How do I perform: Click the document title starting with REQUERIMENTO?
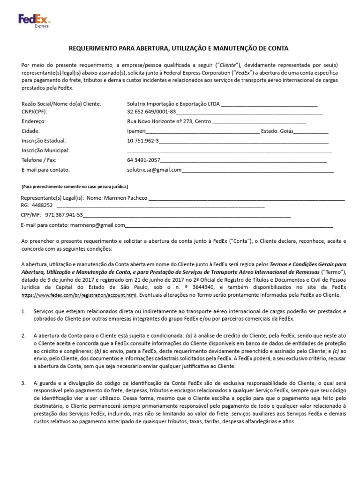coord(179,48)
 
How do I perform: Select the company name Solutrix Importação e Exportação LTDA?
coord(173,104)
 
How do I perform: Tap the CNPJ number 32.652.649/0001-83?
coord(151,112)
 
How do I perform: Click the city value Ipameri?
coord(136,131)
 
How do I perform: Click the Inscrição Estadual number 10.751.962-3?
coord(143,141)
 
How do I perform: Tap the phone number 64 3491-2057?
coord(143,160)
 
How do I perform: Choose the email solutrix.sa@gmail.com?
coord(154,170)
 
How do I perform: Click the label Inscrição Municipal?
coord(45,150)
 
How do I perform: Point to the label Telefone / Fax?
coord(39,160)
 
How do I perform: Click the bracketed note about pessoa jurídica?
coord(75,187)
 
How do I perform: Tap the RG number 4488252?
coord(42,205)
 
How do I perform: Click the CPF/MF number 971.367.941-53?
coord(64,215)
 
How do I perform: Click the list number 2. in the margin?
coord(23,336)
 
